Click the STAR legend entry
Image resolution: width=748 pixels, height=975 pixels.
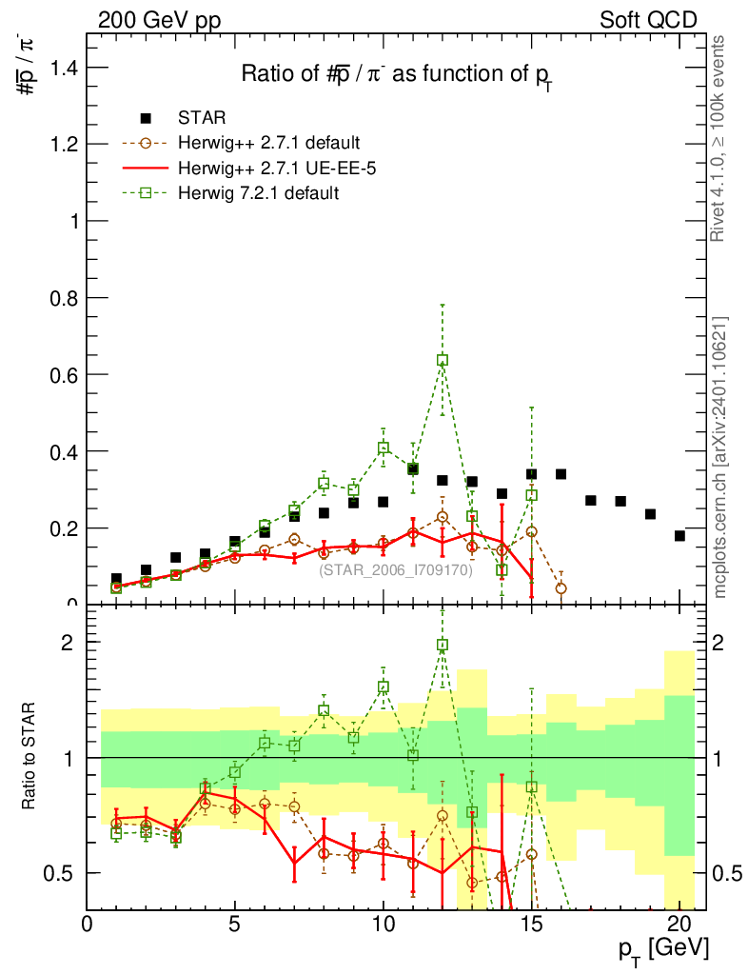point(202,119)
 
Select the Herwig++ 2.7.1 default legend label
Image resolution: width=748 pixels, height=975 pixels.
point(267,144)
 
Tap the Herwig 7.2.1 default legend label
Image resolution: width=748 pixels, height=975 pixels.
point(259,193)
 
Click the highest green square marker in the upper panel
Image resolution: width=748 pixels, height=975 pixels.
point(443,360)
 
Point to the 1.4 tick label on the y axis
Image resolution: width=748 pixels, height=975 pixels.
point(65,68)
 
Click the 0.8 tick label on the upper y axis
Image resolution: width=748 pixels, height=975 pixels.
point(65,298)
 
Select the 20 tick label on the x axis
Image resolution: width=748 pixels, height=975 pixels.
point(679,924)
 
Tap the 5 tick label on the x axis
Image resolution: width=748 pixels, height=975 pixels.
point(235,924)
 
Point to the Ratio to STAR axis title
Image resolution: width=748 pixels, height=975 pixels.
point(30,758)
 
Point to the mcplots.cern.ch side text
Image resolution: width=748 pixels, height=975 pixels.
point(720,457)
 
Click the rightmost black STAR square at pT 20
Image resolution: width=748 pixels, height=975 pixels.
point(679,536)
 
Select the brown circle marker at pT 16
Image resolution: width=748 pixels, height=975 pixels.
point(561,588)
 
